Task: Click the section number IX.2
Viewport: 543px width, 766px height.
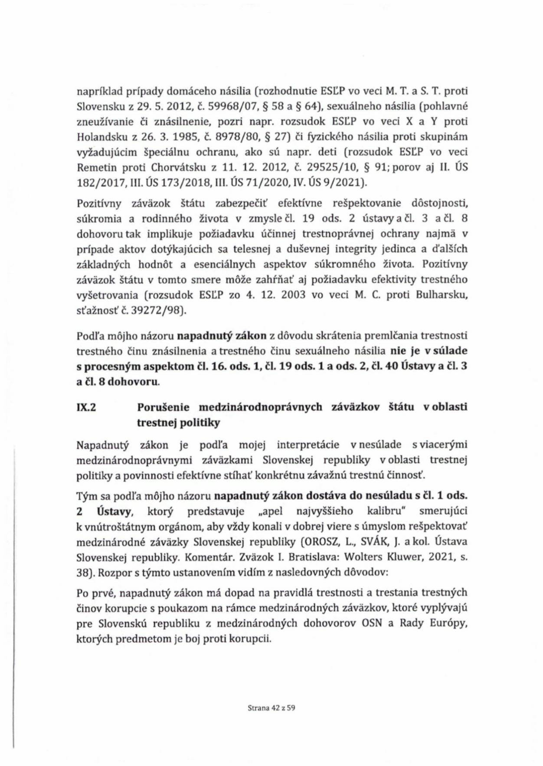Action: (86, 407)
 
